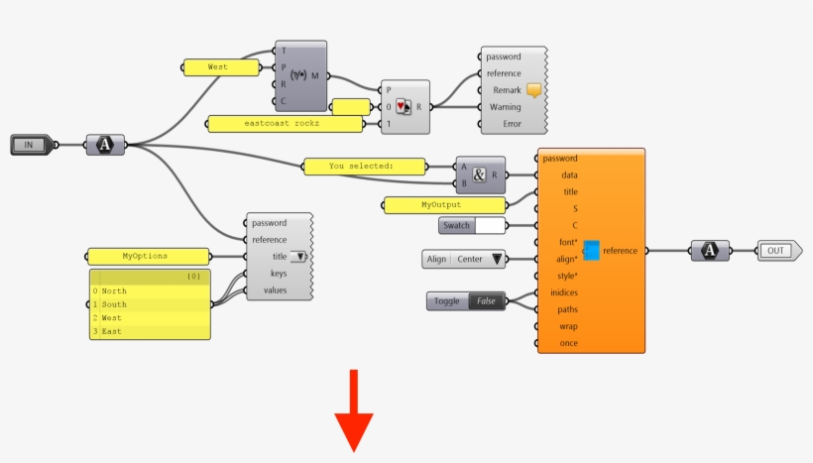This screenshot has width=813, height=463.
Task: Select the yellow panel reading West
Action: [x=218, y=67]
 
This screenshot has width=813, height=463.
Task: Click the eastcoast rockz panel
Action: [x=285, y=124]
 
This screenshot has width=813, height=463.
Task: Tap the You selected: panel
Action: [x=362, y=166]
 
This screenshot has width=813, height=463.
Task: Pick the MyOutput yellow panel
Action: [x=442, y=205]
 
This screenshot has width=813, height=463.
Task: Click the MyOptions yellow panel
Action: [x=146, y=256]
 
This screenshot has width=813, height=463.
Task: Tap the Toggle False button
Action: [x=466, y=300]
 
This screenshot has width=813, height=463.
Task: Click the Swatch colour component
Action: [x=472, y=226]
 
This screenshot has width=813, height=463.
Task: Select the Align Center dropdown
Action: [x=463, y=260]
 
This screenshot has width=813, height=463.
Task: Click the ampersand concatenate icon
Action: [x=480, y=174]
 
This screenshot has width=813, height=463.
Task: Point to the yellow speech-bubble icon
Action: [x=534, y=90]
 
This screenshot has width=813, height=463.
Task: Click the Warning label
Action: [x=505, y=107]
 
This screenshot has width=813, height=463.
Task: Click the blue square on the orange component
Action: [x=591, y=250]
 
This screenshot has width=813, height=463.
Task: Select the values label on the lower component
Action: [x=276, y=290]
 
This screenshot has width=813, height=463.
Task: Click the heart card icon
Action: [x=402, y=107]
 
